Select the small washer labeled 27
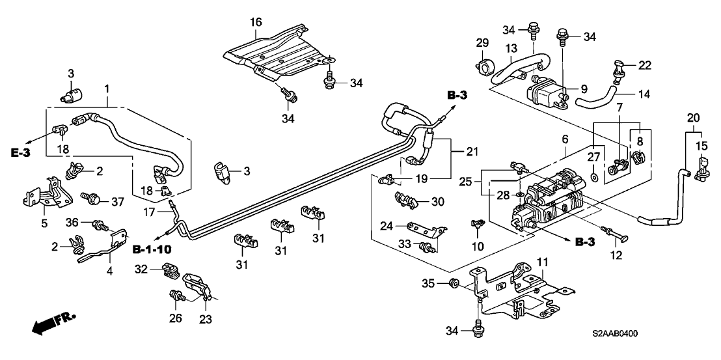point(595,176)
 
